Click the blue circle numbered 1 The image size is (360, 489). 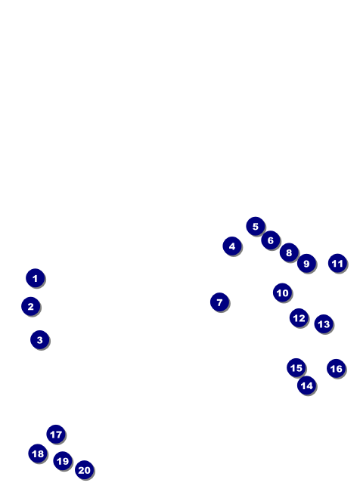[x=36, y=278]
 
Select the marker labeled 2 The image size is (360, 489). [x=30, y=306]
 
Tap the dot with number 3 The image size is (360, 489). [x=39, y=339]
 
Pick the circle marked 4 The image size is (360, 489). [x=232, y=246]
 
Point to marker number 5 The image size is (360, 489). [x=256, y=226]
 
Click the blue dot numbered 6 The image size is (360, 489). [x=271, y=240]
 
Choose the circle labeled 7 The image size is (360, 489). [x=219, y=302]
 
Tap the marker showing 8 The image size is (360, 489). [x=289, y=252]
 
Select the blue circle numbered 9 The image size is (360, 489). [x=306, y=264]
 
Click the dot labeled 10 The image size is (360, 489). [x=282, y=292]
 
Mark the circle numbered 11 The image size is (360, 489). [x=337, y=263]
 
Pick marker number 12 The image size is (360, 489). [x=299, y=317]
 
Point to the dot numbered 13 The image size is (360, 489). [x=324, y=323]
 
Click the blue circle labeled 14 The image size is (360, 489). [x=306, y=385]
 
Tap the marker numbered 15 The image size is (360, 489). [x=296, y=367]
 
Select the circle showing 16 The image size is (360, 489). [x=336, y=369]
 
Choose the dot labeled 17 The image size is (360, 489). [x=56, y=434]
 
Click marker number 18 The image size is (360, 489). [x=38, y=453]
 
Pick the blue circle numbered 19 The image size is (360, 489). [x=63, y=460]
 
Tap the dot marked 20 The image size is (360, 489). [x=84, y=469]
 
